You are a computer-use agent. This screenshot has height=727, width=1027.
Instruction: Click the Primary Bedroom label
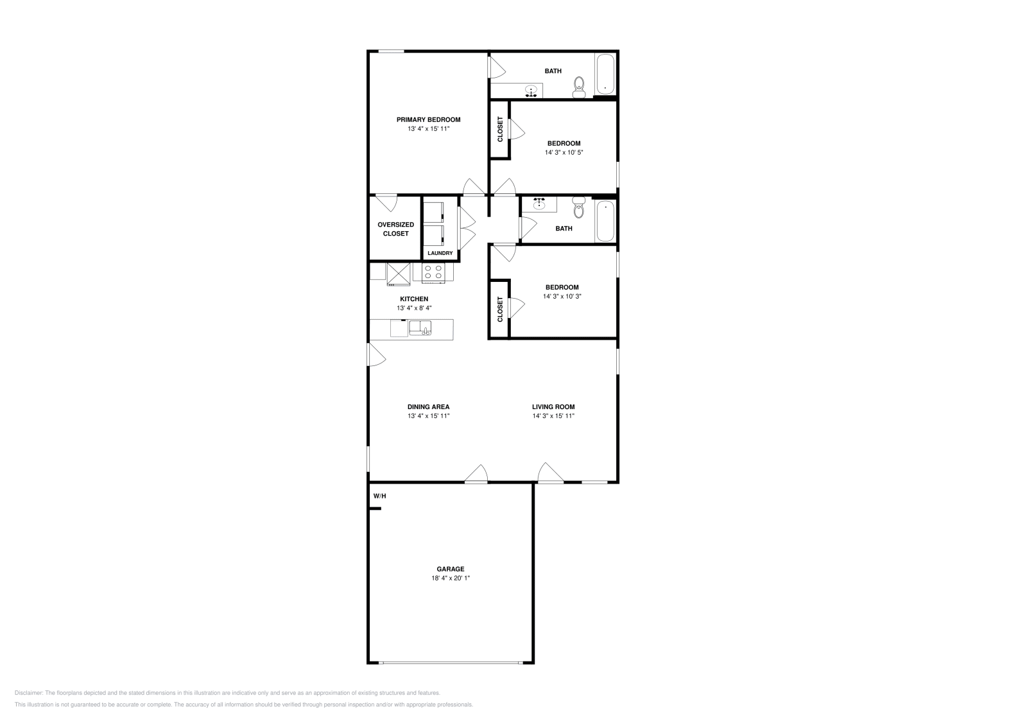tap(428, 120)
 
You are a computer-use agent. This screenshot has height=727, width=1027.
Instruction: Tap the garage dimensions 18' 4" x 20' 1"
tap(451, 578)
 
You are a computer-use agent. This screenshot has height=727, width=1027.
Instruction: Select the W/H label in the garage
tap(379, 496)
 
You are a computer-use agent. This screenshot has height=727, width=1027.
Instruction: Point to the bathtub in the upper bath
tap(605, 75)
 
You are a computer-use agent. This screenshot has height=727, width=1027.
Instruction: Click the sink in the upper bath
tap(531, 91)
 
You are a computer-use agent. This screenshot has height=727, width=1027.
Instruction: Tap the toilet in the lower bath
tap(579, 206)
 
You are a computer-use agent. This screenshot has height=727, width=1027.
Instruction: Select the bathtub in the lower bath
tap(605, 221)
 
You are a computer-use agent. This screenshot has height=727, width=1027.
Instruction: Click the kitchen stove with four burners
tap(433, 273)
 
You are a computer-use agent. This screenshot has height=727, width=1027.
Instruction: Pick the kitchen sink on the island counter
tap(420, 328)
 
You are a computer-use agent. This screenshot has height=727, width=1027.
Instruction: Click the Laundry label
tap(440, 253)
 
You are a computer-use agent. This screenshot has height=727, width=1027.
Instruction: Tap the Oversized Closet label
tap(395, 229)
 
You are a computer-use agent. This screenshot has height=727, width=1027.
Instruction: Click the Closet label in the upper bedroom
tap(500, 129)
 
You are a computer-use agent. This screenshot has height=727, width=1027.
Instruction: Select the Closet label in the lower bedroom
tap(500, 309)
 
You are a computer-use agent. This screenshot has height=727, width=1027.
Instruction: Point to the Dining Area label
tap(428, 407)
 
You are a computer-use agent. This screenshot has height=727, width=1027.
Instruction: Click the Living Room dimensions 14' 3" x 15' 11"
tap(553, 416)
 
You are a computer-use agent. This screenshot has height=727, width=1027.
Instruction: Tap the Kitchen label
tap(414, 299)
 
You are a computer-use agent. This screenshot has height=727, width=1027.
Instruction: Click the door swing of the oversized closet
tap(388, 204)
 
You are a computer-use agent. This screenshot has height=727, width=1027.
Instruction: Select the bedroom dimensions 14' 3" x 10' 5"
tap(564, 153)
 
